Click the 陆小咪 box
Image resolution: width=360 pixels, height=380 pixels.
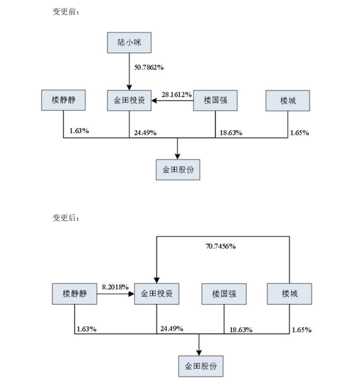(128, 44)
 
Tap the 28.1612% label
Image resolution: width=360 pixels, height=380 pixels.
(174, 95)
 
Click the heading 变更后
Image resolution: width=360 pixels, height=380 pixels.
(66, 216)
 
